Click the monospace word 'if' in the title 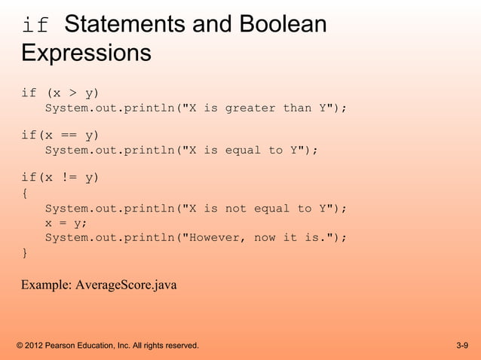[35, 26]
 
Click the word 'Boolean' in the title [283, 25]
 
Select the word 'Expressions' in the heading [86, 53]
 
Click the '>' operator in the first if [72, 93]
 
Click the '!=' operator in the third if [72, 178]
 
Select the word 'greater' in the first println [250, 108]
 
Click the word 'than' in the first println [297, 108]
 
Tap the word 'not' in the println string [236, 209]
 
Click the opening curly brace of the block [25, 194]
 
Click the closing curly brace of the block [25, 253]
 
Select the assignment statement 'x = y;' [66, 223]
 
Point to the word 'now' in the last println [265, 237]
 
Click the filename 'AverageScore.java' [127, 285]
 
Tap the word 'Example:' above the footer [47, 285]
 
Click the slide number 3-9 [462, 346]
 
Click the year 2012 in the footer [33, 346]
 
